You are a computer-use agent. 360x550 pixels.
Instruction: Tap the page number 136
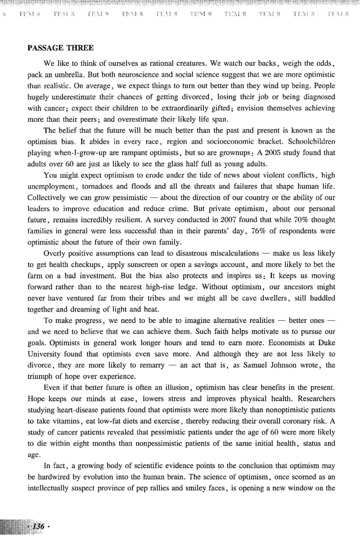pyautogui.click(x=38, y=526)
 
